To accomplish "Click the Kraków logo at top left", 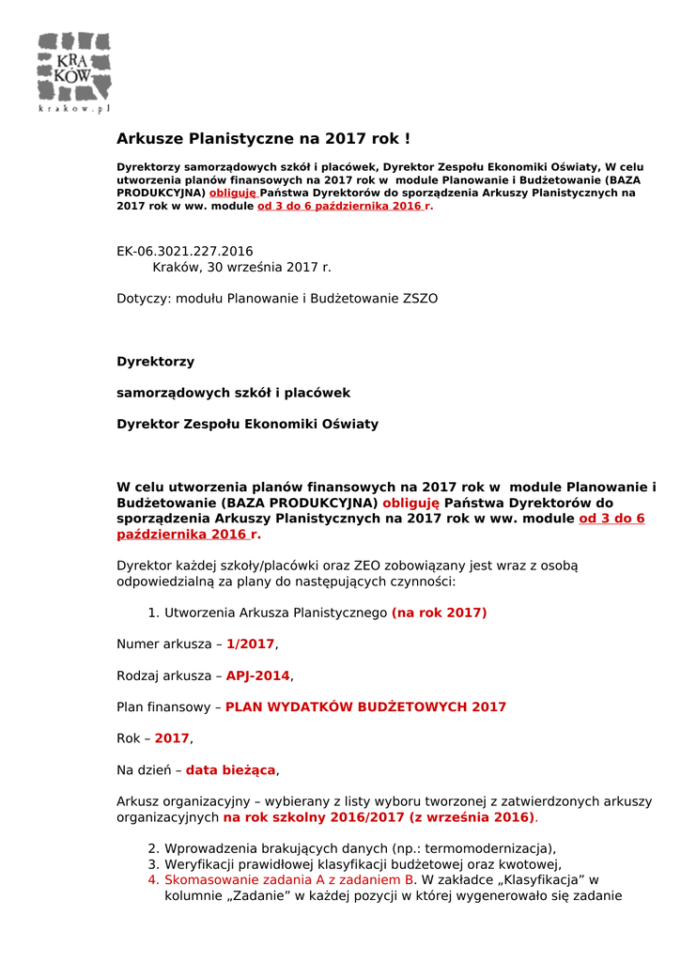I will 74,72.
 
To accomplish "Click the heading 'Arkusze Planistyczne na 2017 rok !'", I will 263,139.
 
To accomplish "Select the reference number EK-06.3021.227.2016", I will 184,251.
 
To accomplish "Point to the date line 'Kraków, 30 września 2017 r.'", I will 241,267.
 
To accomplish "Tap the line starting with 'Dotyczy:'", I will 276,299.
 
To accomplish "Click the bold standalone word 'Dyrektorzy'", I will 155,362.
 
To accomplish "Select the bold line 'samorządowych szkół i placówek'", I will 233,393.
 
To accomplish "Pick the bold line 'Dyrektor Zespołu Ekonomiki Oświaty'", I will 247,424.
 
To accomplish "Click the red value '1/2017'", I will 250,644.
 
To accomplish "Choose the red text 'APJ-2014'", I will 258,675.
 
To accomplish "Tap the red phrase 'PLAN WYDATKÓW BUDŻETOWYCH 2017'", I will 365,706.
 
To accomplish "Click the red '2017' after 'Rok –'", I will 172,738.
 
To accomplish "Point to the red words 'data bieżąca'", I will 230,770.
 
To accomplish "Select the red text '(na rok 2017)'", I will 439,613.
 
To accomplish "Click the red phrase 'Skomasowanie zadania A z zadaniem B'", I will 289,880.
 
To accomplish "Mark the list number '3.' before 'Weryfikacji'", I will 154,864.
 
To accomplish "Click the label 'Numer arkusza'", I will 164,644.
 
